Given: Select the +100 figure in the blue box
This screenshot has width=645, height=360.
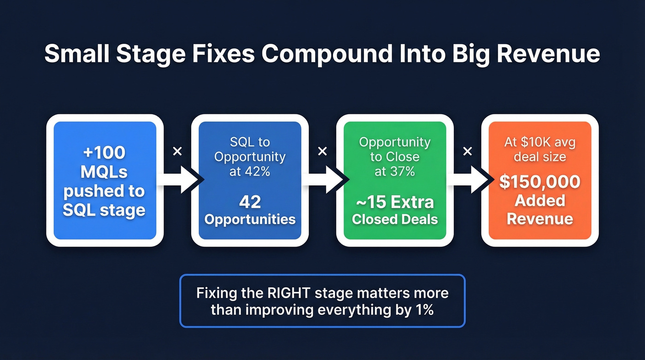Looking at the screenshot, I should [104, 153].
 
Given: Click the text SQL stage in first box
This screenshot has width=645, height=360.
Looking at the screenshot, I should [104, 211].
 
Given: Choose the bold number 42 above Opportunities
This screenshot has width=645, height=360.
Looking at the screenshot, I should [250, 202].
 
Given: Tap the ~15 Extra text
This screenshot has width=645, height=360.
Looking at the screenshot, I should [395, 202].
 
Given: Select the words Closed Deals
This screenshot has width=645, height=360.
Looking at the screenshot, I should [395, 219].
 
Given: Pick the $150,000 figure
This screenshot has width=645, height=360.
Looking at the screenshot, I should [539, 182].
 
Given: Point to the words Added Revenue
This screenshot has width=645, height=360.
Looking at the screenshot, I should [539, 209].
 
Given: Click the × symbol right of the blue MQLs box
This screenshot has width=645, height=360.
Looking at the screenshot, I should [177, 151].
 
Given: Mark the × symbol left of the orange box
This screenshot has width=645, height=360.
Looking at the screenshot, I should [467, 151].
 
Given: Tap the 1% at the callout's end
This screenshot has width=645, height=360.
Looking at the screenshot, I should [422, 309].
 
